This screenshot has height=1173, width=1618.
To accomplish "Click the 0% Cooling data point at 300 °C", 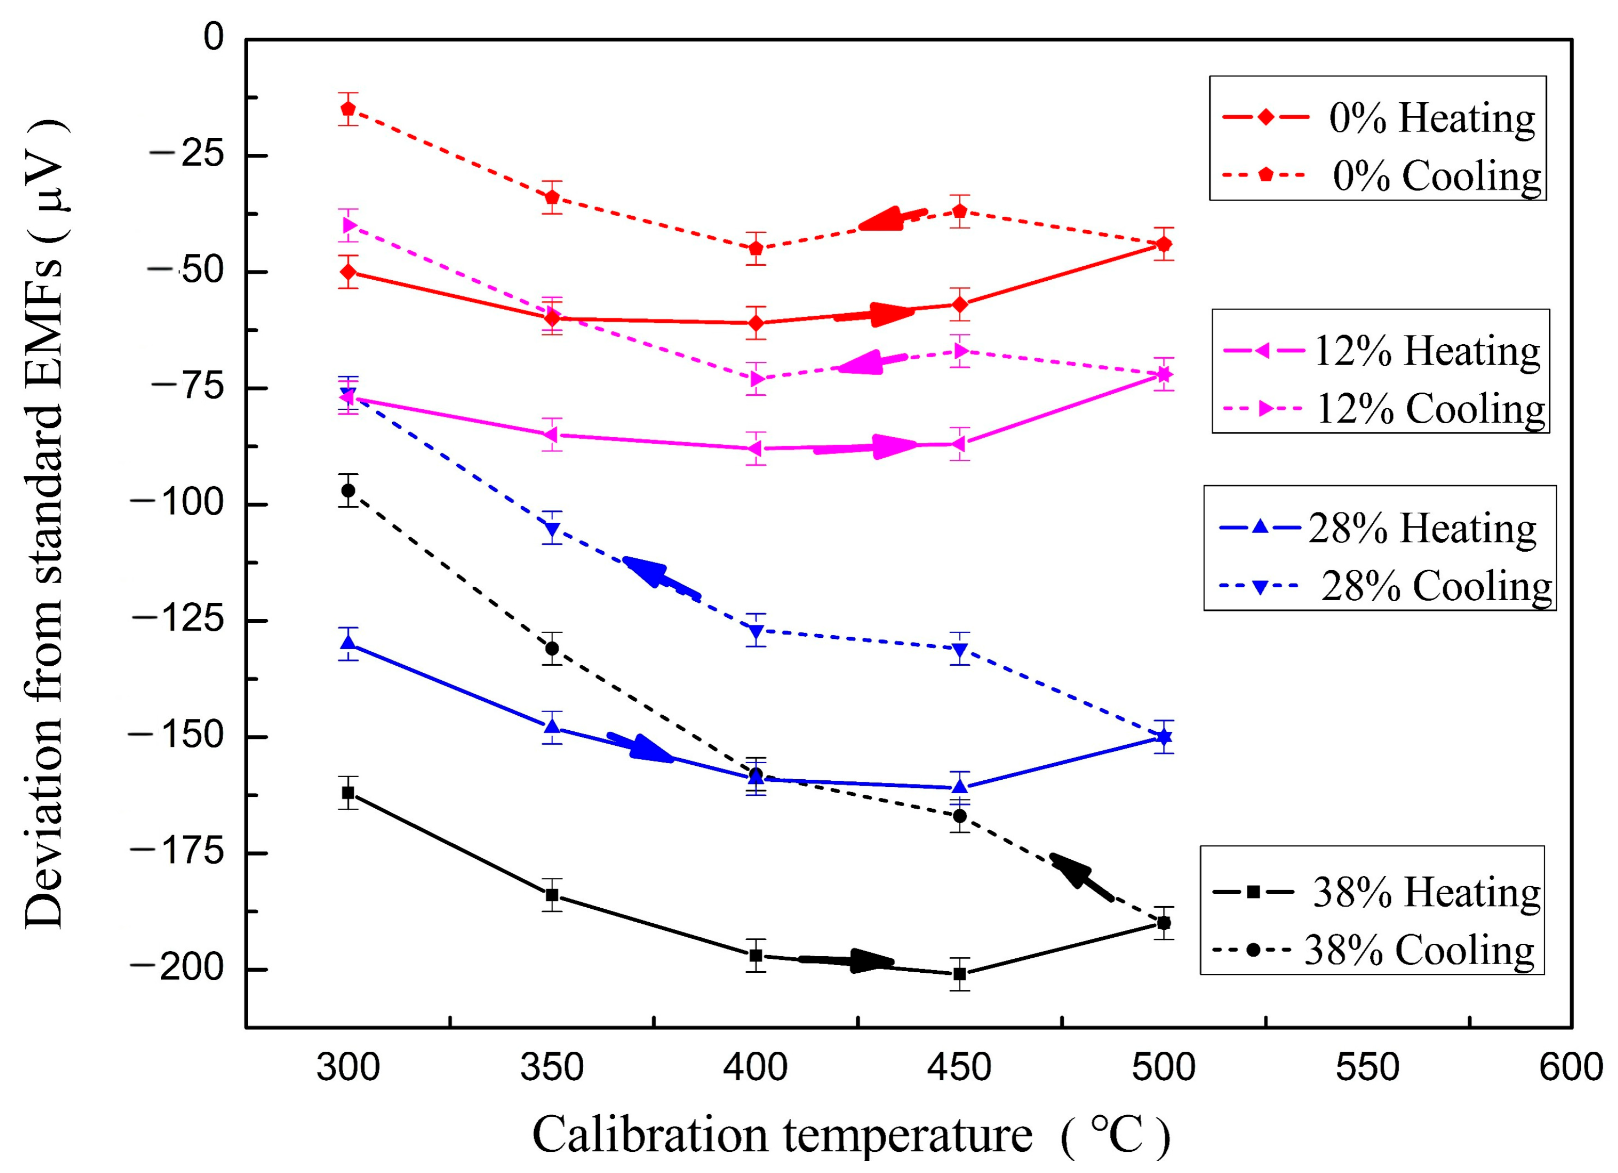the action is point(348,108).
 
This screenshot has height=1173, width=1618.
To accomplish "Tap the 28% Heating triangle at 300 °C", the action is point(348,642).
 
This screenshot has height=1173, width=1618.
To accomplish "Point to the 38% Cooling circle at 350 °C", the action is point(551,648).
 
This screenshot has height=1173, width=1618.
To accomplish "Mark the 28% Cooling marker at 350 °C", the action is point(551,529).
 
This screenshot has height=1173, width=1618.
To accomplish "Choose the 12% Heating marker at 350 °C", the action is point(551,435).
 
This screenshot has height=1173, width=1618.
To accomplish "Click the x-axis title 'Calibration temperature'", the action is point(782,1134).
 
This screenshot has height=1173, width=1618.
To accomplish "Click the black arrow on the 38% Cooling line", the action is point(1082,877).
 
